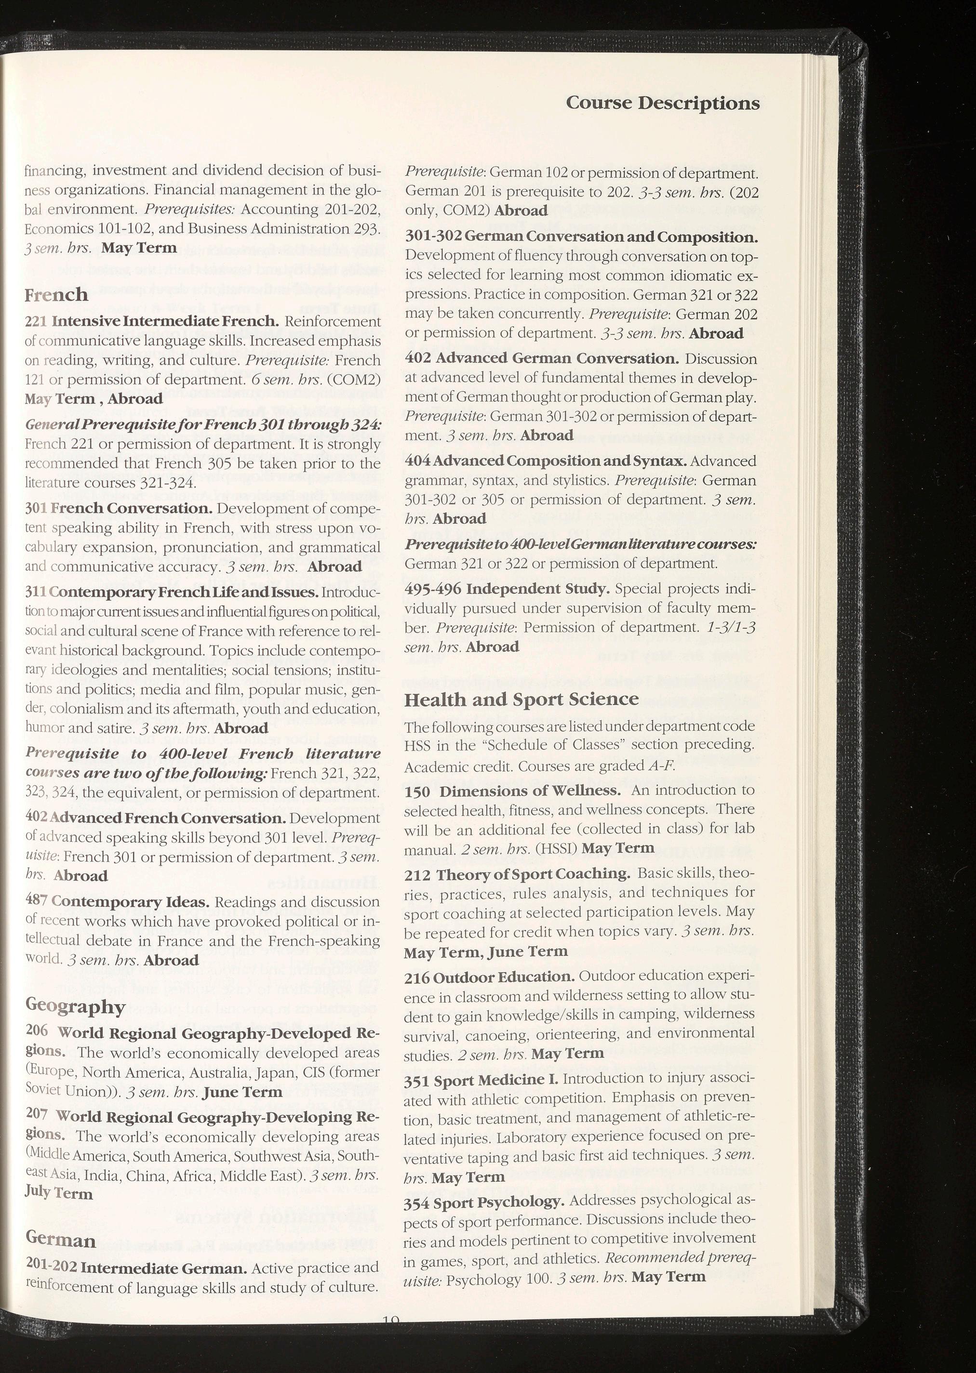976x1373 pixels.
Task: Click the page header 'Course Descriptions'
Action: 662,103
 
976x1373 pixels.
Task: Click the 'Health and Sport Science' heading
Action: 521,699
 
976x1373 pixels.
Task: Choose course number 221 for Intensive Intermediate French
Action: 36,321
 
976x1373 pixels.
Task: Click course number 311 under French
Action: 36,592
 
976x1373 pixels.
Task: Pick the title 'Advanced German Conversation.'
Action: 557,358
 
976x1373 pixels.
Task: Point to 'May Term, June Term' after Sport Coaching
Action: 486,951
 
